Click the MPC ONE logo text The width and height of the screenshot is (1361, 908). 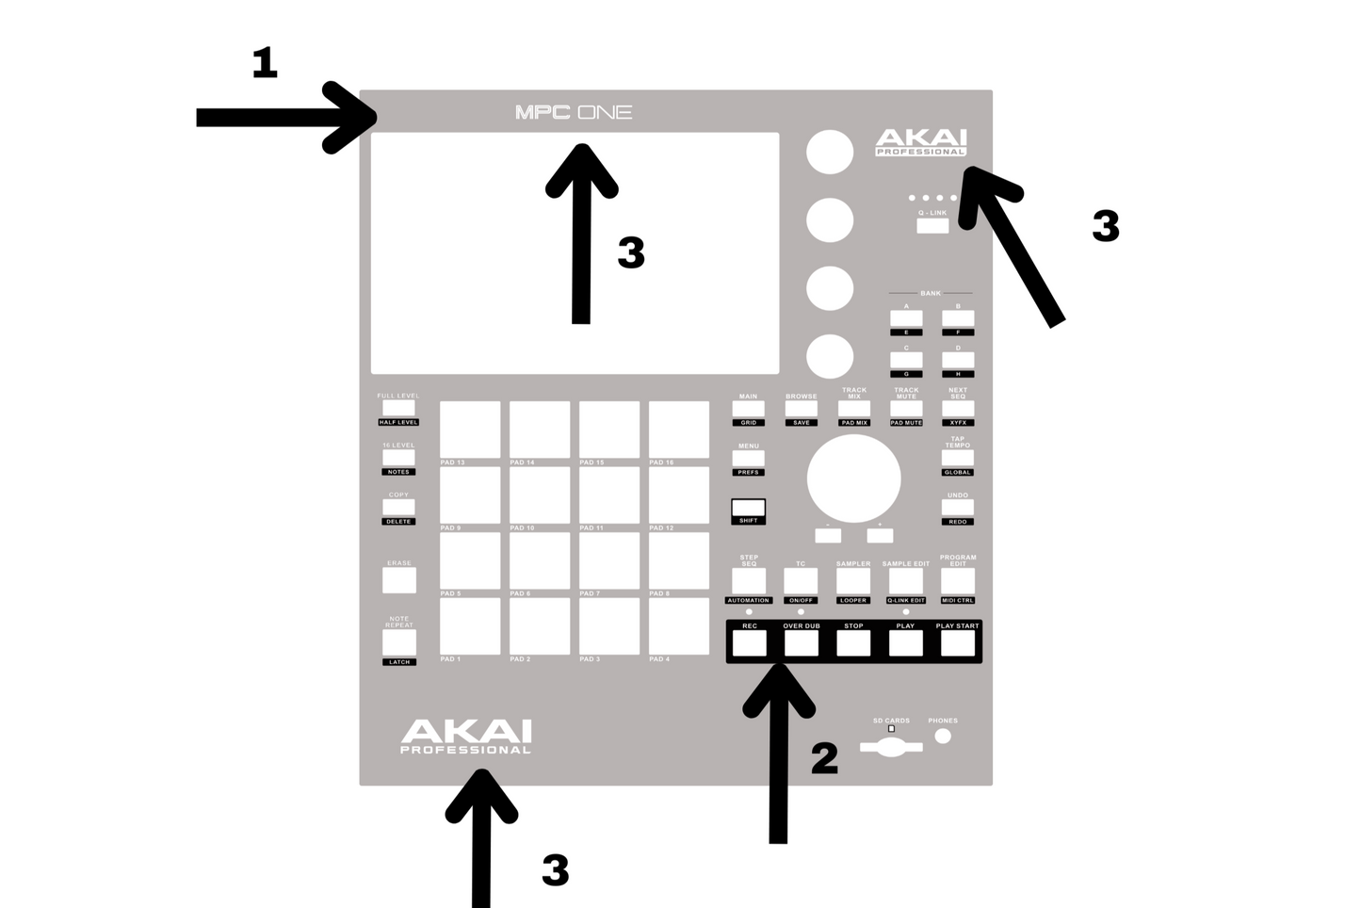[x=573, y=112]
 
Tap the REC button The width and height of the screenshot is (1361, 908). [x=750, y=642]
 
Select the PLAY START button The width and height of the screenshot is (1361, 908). [x=957, y=642]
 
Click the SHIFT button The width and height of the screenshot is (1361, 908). [x=749, y=509]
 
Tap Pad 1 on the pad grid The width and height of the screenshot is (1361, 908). [x=470, y=626]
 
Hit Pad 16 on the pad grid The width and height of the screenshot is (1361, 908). [x=679, y=430]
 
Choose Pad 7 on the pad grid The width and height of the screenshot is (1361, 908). [x=609, y=560]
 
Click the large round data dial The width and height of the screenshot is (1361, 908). [x=853, y=478]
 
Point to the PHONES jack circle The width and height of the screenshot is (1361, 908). [x=943, y=737]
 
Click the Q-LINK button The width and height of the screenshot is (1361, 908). [x=932, y=226]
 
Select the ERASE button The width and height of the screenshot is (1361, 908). [x=398, y=580]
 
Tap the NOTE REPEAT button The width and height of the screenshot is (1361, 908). [x=398, y=642]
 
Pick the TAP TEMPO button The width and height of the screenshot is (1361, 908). [x=958, y=458]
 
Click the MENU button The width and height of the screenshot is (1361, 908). [x=749, y=459]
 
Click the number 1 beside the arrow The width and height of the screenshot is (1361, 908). [x=265, y=63]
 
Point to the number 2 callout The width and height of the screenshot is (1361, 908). [x=824, y=758]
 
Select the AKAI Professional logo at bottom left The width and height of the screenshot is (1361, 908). [x=465, y=737]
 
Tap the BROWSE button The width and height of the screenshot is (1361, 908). [x=802, y=409]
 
